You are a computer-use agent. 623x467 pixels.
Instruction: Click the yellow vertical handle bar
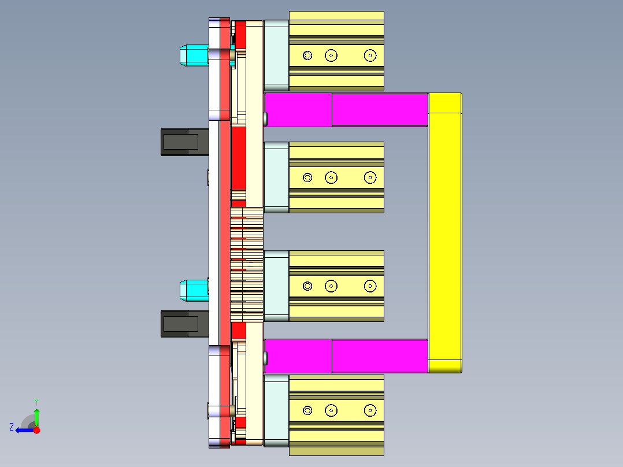[444, 231]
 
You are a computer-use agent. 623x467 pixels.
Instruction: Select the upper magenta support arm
[347, 110]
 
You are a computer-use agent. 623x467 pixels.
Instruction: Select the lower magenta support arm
[347, 355]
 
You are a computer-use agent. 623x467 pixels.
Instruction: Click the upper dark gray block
[184, 142]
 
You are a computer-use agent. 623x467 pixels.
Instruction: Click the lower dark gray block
[184, 324]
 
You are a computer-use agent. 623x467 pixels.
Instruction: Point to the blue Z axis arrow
[23, 430]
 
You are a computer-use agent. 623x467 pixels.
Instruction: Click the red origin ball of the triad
[37, 430]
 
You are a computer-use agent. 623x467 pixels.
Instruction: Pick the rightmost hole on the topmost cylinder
[370, 55]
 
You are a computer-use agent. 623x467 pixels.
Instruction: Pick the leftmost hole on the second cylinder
[307, 177]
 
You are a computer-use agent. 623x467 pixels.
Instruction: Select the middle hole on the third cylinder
[331, 286]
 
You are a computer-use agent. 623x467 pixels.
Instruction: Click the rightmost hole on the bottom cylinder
[370, 410]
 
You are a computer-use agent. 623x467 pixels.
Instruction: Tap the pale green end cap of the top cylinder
[276, 55]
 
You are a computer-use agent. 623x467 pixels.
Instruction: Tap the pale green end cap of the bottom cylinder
[276, 410]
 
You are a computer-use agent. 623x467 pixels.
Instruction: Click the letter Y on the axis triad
[36, 401]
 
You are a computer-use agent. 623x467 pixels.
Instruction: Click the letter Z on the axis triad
[12, 427]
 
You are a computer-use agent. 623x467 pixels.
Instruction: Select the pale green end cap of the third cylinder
[276, 286]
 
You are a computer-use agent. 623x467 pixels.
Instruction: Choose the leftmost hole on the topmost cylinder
[307, 55]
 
